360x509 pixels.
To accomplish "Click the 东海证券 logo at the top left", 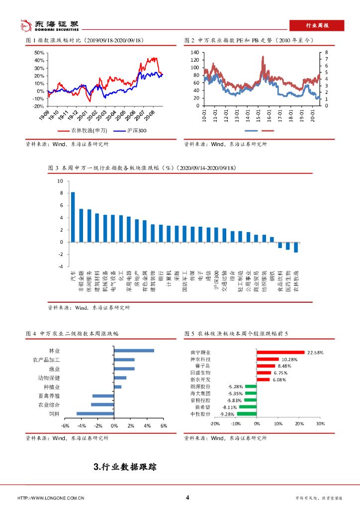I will pos(49,24).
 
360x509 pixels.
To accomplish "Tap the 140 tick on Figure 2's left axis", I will pos(194,52).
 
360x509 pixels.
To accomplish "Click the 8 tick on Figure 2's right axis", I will pos(327,52).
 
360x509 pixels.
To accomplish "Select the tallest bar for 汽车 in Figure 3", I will pos(73,217).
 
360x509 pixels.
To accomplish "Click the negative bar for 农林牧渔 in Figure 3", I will pos(296,247).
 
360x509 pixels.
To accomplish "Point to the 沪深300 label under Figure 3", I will pos(216,281).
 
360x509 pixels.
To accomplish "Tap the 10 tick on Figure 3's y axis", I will pos(60,181).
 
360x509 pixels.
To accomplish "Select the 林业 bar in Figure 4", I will pos(134,350).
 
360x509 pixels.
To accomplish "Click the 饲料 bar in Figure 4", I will pos(95,413).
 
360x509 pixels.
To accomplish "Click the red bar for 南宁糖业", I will pos(280,352).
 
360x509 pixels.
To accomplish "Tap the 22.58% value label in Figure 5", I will pos(315,352).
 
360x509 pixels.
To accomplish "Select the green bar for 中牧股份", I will pos(247,414).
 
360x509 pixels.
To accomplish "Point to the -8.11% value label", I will pos(229,407).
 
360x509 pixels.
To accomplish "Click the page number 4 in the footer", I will pos(187,498).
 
